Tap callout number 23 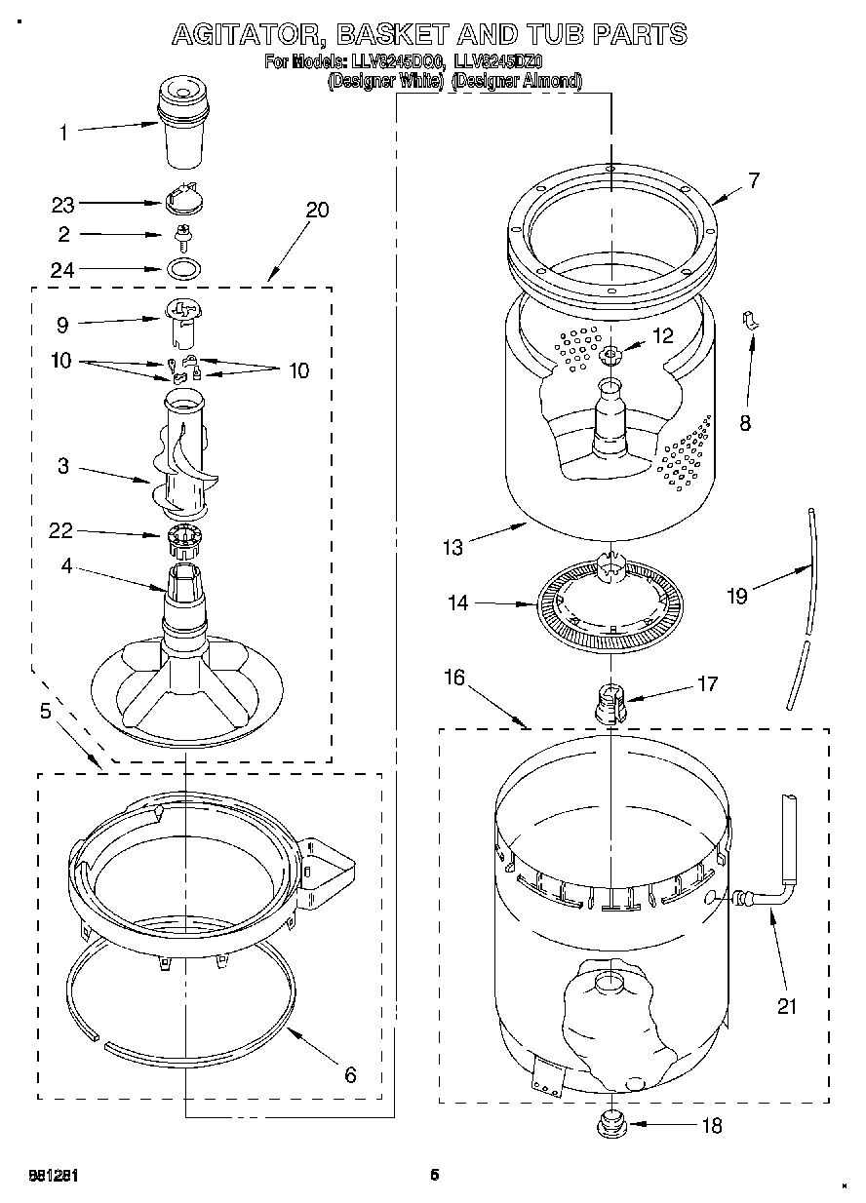click(x=62, y=205)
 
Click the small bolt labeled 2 click(x=181, y=235)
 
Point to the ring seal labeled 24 click(x=182, y=267)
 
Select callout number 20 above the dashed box click(x=317, y=210)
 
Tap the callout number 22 click(x=62, y=531)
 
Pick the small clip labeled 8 click(x=752, y=320)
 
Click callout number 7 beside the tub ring click(x=753, y=180)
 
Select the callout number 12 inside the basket click(x=662, y=337)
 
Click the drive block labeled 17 click(x=610, y=702)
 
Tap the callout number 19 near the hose click(x=738, y=596)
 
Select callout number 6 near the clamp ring click(x=350, y=1076)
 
